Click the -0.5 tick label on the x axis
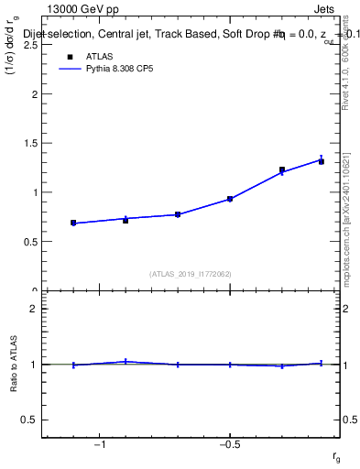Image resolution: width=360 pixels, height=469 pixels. (x=229, y=444)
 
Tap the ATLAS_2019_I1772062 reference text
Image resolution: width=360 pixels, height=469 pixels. (x=191, y=273)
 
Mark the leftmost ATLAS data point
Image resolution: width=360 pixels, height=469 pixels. (x=73, y=223)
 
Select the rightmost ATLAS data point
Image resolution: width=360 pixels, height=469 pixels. (x=322, y=161)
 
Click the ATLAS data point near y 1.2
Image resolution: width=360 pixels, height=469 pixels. (x=282, y=170)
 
